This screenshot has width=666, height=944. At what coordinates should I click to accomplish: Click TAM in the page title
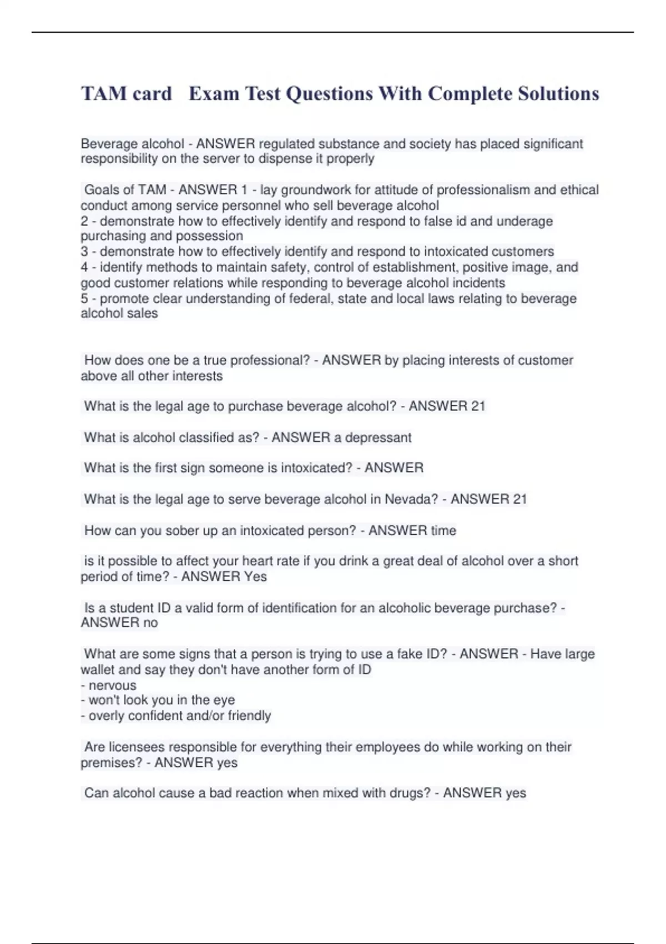point(104,93)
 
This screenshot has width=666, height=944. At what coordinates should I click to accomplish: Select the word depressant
point(379,438)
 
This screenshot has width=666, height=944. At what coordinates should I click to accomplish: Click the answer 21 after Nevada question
point(519,499)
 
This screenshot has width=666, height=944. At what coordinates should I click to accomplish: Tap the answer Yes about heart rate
point(255,576)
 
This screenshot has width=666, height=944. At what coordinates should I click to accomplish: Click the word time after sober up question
point(443,530)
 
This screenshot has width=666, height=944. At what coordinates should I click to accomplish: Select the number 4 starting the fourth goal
point(84,267)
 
